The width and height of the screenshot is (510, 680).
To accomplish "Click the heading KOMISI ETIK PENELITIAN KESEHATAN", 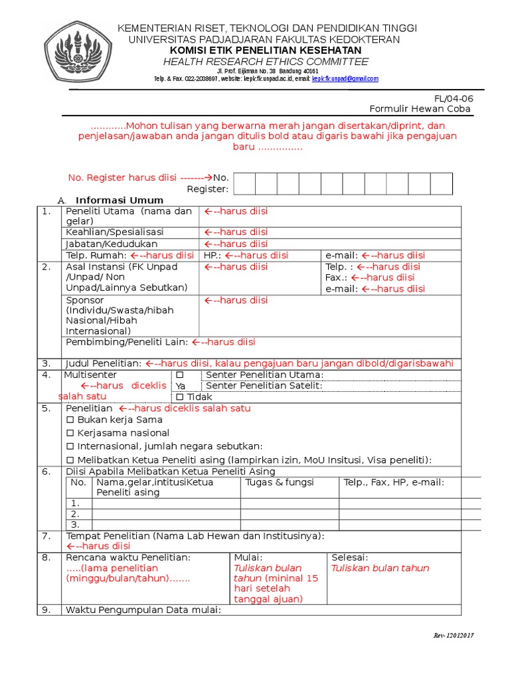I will (266, 50).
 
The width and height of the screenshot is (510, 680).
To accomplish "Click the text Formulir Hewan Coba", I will (420, 109).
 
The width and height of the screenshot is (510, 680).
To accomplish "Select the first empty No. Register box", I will (244, 184).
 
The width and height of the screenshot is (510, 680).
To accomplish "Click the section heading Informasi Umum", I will (120, 201).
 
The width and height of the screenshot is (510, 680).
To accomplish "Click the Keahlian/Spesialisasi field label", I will (115, 232).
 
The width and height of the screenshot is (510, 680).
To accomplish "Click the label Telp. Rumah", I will (96, 255).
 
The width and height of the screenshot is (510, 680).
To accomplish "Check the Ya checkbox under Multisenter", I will (179, 375).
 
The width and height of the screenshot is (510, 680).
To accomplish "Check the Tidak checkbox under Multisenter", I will (180, 397).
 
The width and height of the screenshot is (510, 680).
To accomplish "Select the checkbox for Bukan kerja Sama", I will (70, 420).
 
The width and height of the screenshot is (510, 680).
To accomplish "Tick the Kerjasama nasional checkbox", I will (70, 433).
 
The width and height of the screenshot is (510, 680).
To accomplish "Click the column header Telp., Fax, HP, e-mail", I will (394, 482).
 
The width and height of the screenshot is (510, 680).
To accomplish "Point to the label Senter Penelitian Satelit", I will (264, 386).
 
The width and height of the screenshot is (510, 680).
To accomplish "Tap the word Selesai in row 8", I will (350, 557).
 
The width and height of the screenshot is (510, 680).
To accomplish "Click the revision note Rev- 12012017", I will (454, 636).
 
